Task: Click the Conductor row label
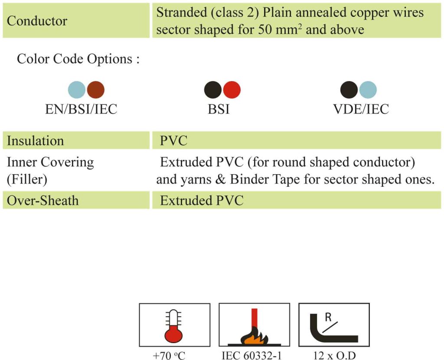[37, 21]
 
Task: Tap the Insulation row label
[36, 141]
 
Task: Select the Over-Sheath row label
[43, 201]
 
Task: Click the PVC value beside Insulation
[173, 141]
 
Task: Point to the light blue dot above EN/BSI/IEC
[77, 90]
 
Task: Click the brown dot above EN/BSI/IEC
[96, 90]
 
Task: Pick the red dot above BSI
[232, 90]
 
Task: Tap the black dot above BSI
[212, 90]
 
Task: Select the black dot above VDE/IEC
[349, 90]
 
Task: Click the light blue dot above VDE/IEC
[368, 90]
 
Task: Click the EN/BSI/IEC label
[81, 109]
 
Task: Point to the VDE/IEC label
[361, 109]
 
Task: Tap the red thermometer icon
[173, 326]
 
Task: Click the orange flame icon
[254, 336]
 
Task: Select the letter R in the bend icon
[328, 317]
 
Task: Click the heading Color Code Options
[78, 59]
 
